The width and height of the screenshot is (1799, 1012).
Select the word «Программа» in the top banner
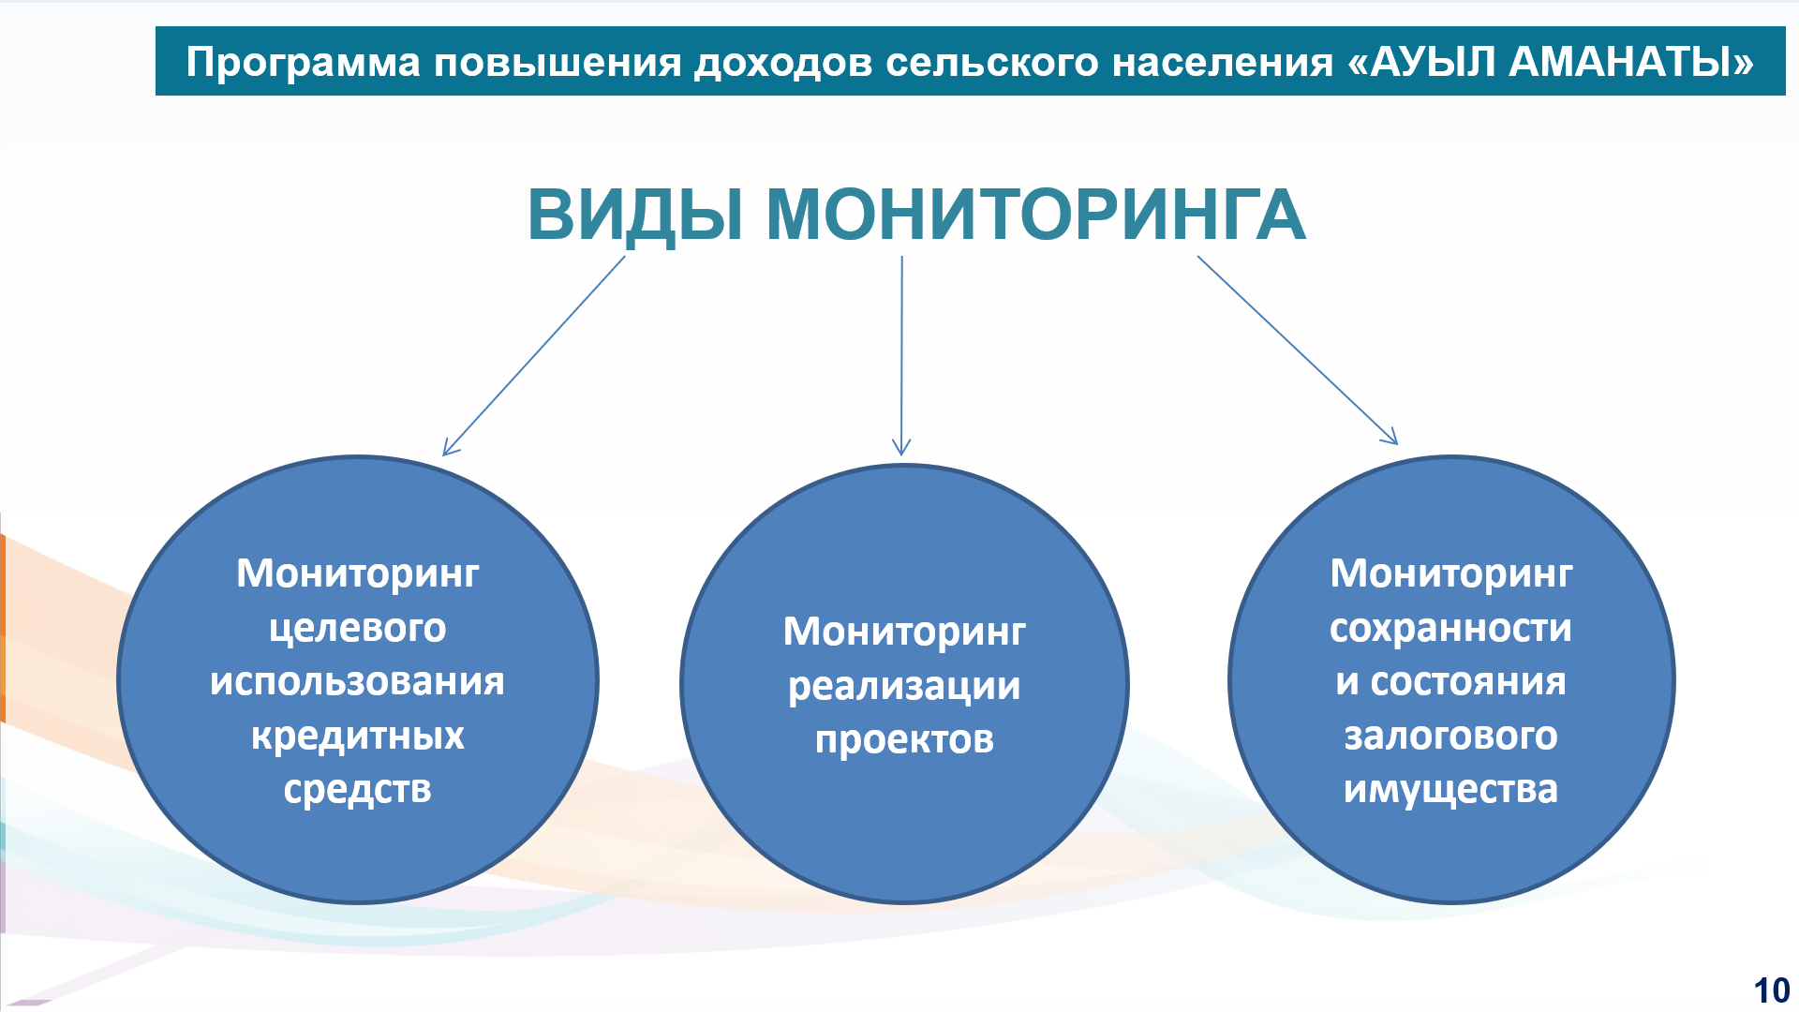coord(303,63)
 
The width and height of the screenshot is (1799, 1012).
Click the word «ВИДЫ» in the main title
coord(636,216)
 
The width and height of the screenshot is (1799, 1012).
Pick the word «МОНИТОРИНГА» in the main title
coord(1036,215)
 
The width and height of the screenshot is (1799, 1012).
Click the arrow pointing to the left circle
coord(534,356)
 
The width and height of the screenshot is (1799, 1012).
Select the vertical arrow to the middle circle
coord(901,356)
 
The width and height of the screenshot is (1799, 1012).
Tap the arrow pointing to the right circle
coord(1298,350)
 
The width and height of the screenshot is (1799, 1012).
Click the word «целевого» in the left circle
coord(358,628)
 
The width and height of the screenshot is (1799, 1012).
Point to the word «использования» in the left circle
coord(357,681)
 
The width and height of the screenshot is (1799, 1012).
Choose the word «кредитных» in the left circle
coord(358,736)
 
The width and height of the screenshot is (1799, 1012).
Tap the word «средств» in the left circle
coord(358,790)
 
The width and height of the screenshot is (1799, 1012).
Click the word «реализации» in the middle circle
coord(904,687)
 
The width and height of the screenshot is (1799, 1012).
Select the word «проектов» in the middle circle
coord(904,740)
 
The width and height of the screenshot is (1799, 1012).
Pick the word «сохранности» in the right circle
coord(1450,628)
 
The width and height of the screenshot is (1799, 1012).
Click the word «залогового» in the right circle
coord(1450,736)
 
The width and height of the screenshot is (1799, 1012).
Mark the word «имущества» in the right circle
coord(1450,790)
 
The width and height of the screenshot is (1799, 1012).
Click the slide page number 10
coord(1771,990)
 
